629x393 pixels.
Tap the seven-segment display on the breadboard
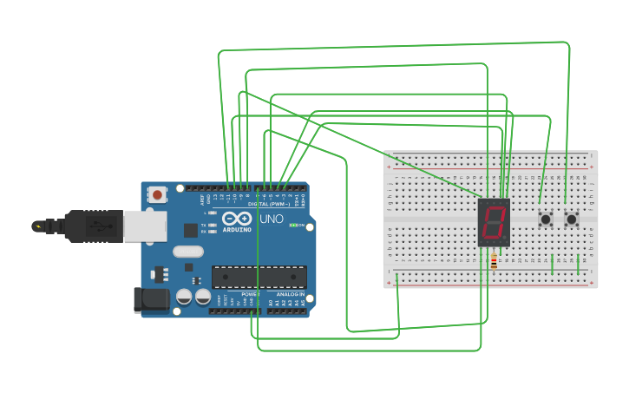(494, 223)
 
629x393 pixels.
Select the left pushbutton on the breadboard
(546, 219)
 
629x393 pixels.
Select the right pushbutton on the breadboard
(572, 219)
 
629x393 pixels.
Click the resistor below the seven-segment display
(495, 261)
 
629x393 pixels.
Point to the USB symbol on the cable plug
(100, 226)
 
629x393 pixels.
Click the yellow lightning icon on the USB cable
(37, 226)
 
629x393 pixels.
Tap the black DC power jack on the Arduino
(149, 299)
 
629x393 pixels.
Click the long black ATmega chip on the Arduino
(259, 277)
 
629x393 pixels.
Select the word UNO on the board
(272, 219)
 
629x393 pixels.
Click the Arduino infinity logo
(236, 219)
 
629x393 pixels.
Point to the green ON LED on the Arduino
(294, 226)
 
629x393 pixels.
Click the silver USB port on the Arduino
(143, 226)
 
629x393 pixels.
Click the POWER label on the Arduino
(250, 295)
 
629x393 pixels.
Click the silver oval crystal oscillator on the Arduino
(187, 252)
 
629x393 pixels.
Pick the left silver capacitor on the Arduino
(184, 297)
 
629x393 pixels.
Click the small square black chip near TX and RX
(191, 230)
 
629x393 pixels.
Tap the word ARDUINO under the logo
(237, 230)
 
